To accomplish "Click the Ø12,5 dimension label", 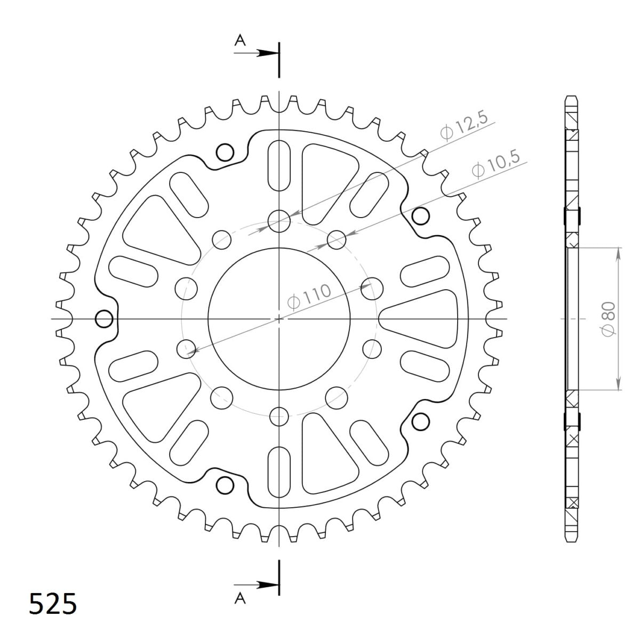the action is point(465,126).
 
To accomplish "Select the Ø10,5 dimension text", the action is point(496,165).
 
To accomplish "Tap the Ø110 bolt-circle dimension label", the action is point(309,297).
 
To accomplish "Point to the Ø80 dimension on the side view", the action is point(609,319).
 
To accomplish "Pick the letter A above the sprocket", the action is point(240,41).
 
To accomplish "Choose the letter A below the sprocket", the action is point(240,598).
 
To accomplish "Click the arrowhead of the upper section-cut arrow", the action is point(268,53).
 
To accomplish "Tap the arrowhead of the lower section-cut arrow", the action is point(268,585).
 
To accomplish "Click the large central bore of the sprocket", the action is point(279,319).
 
